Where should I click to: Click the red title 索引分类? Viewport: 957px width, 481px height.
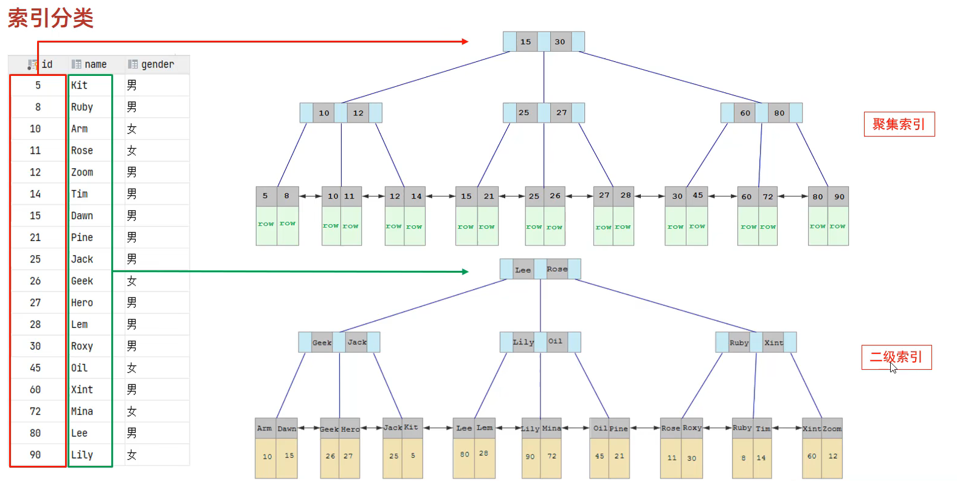click(x=50, y=18)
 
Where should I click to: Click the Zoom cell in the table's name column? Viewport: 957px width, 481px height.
click(x=82, y=172)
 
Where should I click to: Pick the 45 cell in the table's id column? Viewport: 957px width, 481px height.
click(x=35, y=368)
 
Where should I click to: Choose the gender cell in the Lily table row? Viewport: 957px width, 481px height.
click(x=132, y=455)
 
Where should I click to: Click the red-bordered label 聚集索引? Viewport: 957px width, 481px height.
click(x=899, y=125)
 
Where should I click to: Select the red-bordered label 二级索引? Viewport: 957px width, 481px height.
click(x=896, y=357)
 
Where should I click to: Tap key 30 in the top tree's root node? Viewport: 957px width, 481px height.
click(x=560, y=42)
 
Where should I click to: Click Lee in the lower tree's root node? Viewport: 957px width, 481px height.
click(x=523, y=270)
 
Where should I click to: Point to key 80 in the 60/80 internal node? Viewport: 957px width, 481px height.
click(x=779, y=113)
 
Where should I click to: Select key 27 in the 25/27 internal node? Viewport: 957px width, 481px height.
click(x=561, y=113)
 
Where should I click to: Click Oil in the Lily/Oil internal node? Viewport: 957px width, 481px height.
click(x=556, y=341)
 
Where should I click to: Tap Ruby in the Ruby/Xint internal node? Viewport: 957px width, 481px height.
click(x=739, y=343)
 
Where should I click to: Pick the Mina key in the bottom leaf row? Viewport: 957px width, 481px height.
click(x=551, y=429)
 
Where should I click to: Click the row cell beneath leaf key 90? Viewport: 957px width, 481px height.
click(x=838, y=227)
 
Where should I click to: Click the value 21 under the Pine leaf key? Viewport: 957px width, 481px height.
click(x=619, y=456)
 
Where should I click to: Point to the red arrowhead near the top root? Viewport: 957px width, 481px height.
click(x=465, y=42)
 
